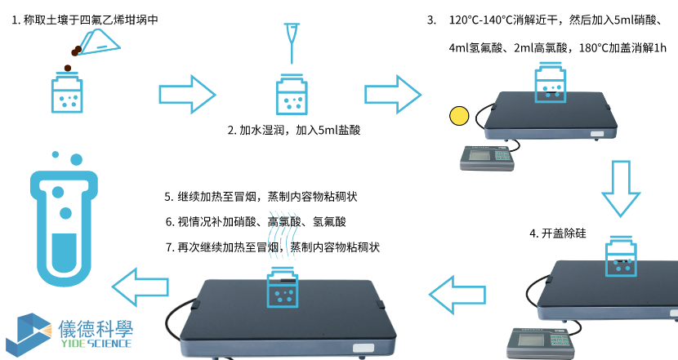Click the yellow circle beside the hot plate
click(460, 116)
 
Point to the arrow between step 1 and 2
click(185, 94)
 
